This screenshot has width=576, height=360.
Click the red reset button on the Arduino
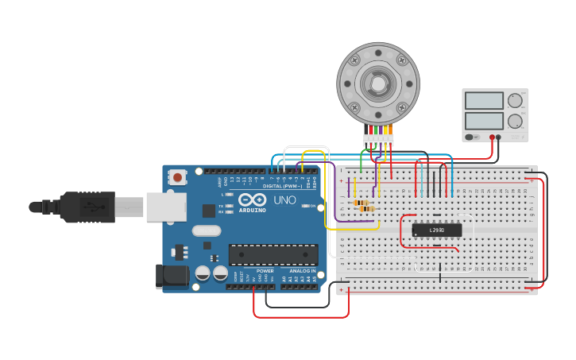point(177,176)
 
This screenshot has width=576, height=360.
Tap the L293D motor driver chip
point(436,230)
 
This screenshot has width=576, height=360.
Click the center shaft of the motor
point(377,83)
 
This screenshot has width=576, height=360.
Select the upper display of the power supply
point(484,101)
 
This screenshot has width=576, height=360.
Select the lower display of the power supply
point(484,121)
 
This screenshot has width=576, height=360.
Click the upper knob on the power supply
point(515,101)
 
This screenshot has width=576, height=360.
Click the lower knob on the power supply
point(515,122)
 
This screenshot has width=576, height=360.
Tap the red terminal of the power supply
point(493,137)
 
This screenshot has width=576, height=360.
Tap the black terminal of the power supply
point(500,137)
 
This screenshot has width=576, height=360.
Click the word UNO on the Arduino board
point(284,199)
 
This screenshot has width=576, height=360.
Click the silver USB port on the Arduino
point(166,207)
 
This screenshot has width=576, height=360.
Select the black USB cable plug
point(87,207)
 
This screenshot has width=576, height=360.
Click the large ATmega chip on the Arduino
point(273,254)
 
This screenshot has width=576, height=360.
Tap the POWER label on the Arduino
point(265,271)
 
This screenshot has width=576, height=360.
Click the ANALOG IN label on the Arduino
point(302,271)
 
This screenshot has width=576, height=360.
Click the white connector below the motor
point(378,140)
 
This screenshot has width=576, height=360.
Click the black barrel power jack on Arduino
point(172,276)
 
